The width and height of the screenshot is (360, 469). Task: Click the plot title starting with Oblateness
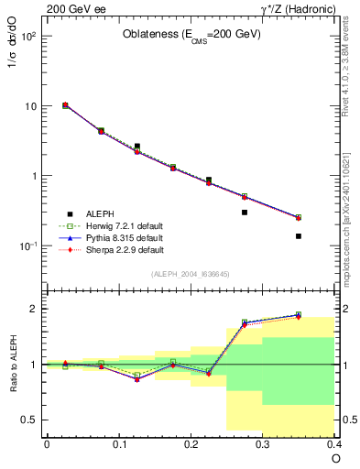(192, 35)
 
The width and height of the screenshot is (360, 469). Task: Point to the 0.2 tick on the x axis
(191, 444)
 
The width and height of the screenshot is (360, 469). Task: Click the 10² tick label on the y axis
(27, 37)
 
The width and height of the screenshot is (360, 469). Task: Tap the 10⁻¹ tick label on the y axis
(27, 246)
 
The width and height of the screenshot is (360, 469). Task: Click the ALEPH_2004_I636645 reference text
(190, 274)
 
